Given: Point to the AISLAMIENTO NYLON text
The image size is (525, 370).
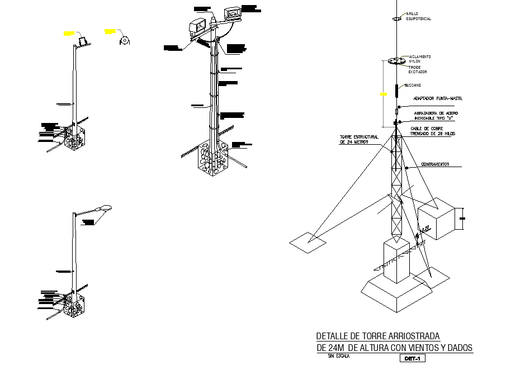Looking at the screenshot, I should tap(419, 59).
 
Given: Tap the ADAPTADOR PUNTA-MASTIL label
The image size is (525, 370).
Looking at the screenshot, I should tap(438, 99).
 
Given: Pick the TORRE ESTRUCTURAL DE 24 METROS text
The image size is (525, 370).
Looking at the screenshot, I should tap(358, 139).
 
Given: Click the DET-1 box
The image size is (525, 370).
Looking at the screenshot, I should tap(413, 358).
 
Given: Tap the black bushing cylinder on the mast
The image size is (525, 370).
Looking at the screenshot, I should tap(396, 89).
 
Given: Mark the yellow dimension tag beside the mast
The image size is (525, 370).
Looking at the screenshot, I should tap(384, 94).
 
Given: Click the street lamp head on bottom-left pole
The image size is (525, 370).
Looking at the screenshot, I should tap(105, 208).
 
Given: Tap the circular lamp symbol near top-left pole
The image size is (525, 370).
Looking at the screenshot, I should tap(125, 41).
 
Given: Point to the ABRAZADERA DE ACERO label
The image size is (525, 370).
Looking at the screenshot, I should tap(436, 115).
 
